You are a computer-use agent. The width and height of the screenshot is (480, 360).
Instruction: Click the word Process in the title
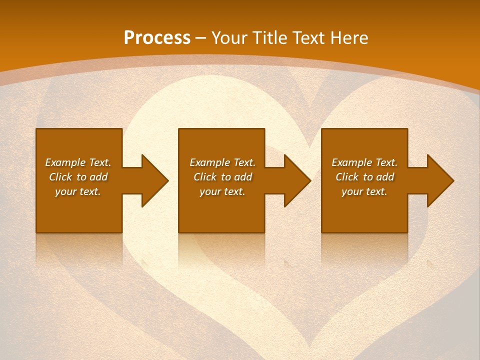pyautogui.click(x=157, y=37)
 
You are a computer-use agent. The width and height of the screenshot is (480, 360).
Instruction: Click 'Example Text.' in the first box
pyautogui.click(x=78, y=162)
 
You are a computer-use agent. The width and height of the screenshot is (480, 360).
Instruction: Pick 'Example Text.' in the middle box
pyautogui.click(x=222, y=162)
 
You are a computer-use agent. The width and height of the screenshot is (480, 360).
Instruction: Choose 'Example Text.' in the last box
pyautogui.click(x=364, y=162)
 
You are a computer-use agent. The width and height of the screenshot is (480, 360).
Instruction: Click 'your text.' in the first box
pyautogui.click(x=78, y=191)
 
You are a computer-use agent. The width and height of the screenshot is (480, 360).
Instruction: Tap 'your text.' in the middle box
pyautogui.click(x=222, y=191)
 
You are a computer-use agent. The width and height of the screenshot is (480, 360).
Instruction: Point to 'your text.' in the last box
pyautogui.click(x=364, y=191)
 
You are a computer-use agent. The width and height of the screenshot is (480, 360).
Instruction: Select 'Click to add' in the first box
pyautogui.click(x=78, y=177)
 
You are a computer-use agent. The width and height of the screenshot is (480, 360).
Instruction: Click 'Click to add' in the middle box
pyautogui.click(x=222, y=177)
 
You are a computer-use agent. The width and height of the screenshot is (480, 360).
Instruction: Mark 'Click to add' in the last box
pyautogui.click(x=364, y=177)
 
